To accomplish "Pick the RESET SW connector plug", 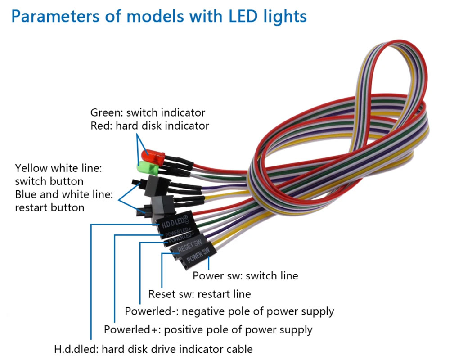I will [x=187, y=247].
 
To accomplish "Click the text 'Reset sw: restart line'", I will [x=199, y=294].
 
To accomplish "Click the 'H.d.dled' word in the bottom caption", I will [x=72, y=349].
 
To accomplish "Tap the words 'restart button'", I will [x=49, y=207].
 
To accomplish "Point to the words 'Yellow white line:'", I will [x=59, y=168].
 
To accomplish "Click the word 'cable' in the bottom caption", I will [x=239, y=349].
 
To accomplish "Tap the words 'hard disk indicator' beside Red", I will [x=162, y=126].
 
